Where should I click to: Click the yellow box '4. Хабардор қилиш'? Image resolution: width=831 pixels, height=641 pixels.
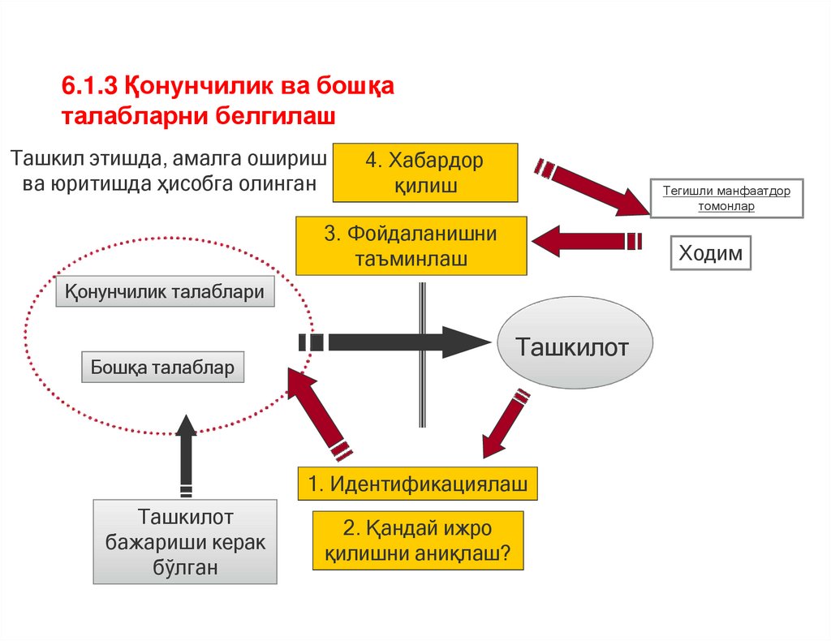426,173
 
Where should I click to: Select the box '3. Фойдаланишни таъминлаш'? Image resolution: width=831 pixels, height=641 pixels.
411,246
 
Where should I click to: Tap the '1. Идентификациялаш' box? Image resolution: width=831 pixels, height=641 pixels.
418,485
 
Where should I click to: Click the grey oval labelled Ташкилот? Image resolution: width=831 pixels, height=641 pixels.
574,348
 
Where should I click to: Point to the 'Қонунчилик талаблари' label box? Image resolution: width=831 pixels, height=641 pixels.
165,292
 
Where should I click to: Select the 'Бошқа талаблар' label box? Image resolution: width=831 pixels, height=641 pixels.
162,368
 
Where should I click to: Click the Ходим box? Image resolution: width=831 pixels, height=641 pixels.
710,253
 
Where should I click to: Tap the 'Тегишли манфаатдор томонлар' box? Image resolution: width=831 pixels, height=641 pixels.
726,197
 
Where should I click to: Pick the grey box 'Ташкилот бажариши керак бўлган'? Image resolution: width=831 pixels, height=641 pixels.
185,542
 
